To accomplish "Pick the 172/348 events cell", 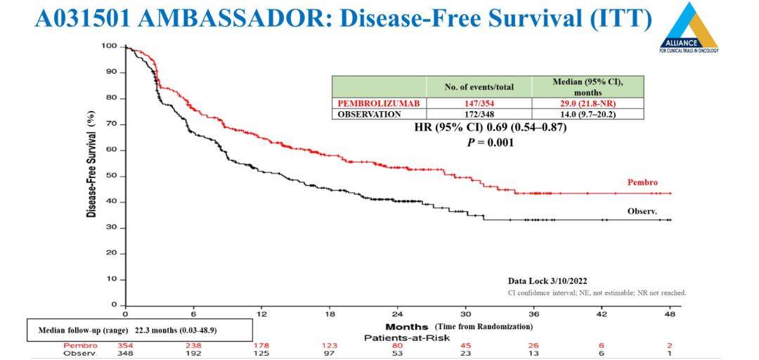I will pyautogui.click(x=479, y=114).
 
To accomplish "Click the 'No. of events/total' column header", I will pyautogui.click(x=479, y=87).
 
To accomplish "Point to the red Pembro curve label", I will pyautogui.click(x=642, y=183).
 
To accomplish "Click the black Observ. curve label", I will pyautogui.click(x=642, y=211).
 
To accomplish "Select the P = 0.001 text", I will pyautogui.click(x=491, y=142).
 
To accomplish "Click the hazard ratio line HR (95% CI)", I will pyautogui.click(x=491, y=128).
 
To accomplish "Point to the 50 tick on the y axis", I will pyautogui.click(x=111, y=176).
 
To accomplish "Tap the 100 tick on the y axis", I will pyautogui.click(x=109, y=46).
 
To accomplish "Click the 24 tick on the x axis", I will pyautogui.click(x=397, y=315).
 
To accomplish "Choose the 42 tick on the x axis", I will pyautogui.click(x=602, y=315).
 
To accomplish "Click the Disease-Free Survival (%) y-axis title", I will pyautogui.click(x=92, y=162).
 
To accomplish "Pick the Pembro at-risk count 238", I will pyautogui.click(x=193, y=345).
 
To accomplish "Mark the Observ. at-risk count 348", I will pyautogui.click(x=125, y=353).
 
